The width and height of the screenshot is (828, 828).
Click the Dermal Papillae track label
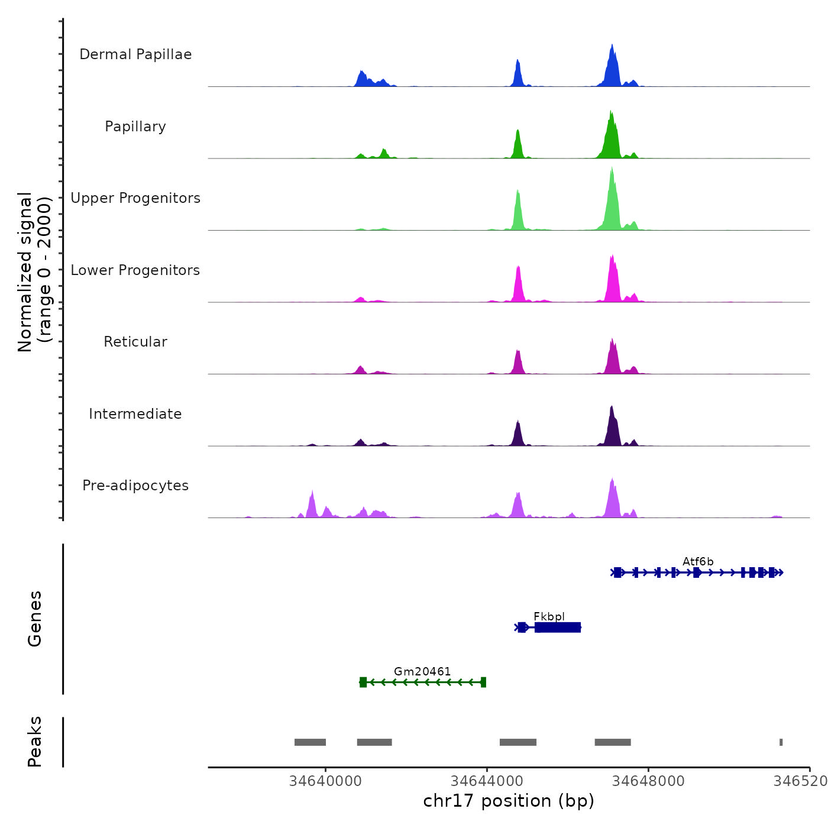coord(135,54)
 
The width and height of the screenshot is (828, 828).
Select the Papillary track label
coord(135,127)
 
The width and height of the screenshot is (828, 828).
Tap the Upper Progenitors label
coord(135,198)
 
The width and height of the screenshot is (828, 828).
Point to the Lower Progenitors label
coord(135,270)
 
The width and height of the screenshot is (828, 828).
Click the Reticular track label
coord(135,342)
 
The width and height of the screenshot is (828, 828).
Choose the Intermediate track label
coord(135,414)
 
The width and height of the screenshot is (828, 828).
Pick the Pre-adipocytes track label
coord(135,486)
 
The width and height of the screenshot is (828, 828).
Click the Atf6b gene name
coord(698,562)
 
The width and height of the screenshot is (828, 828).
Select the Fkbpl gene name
coord(549,617)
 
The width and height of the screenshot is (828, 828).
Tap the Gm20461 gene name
coord(422,672)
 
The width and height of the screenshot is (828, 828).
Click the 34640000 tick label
coord(325,781)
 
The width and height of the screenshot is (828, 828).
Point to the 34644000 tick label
coord(487,781)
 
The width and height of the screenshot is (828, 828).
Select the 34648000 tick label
coord(648,781)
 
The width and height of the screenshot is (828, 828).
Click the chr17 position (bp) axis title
coord(509,801)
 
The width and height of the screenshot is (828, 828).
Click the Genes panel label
coord(35,619)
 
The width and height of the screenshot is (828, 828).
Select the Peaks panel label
coord(35,742)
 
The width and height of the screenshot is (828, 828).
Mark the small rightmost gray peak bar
coord(781,742)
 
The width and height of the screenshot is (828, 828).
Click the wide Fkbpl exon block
coord(558,628)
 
